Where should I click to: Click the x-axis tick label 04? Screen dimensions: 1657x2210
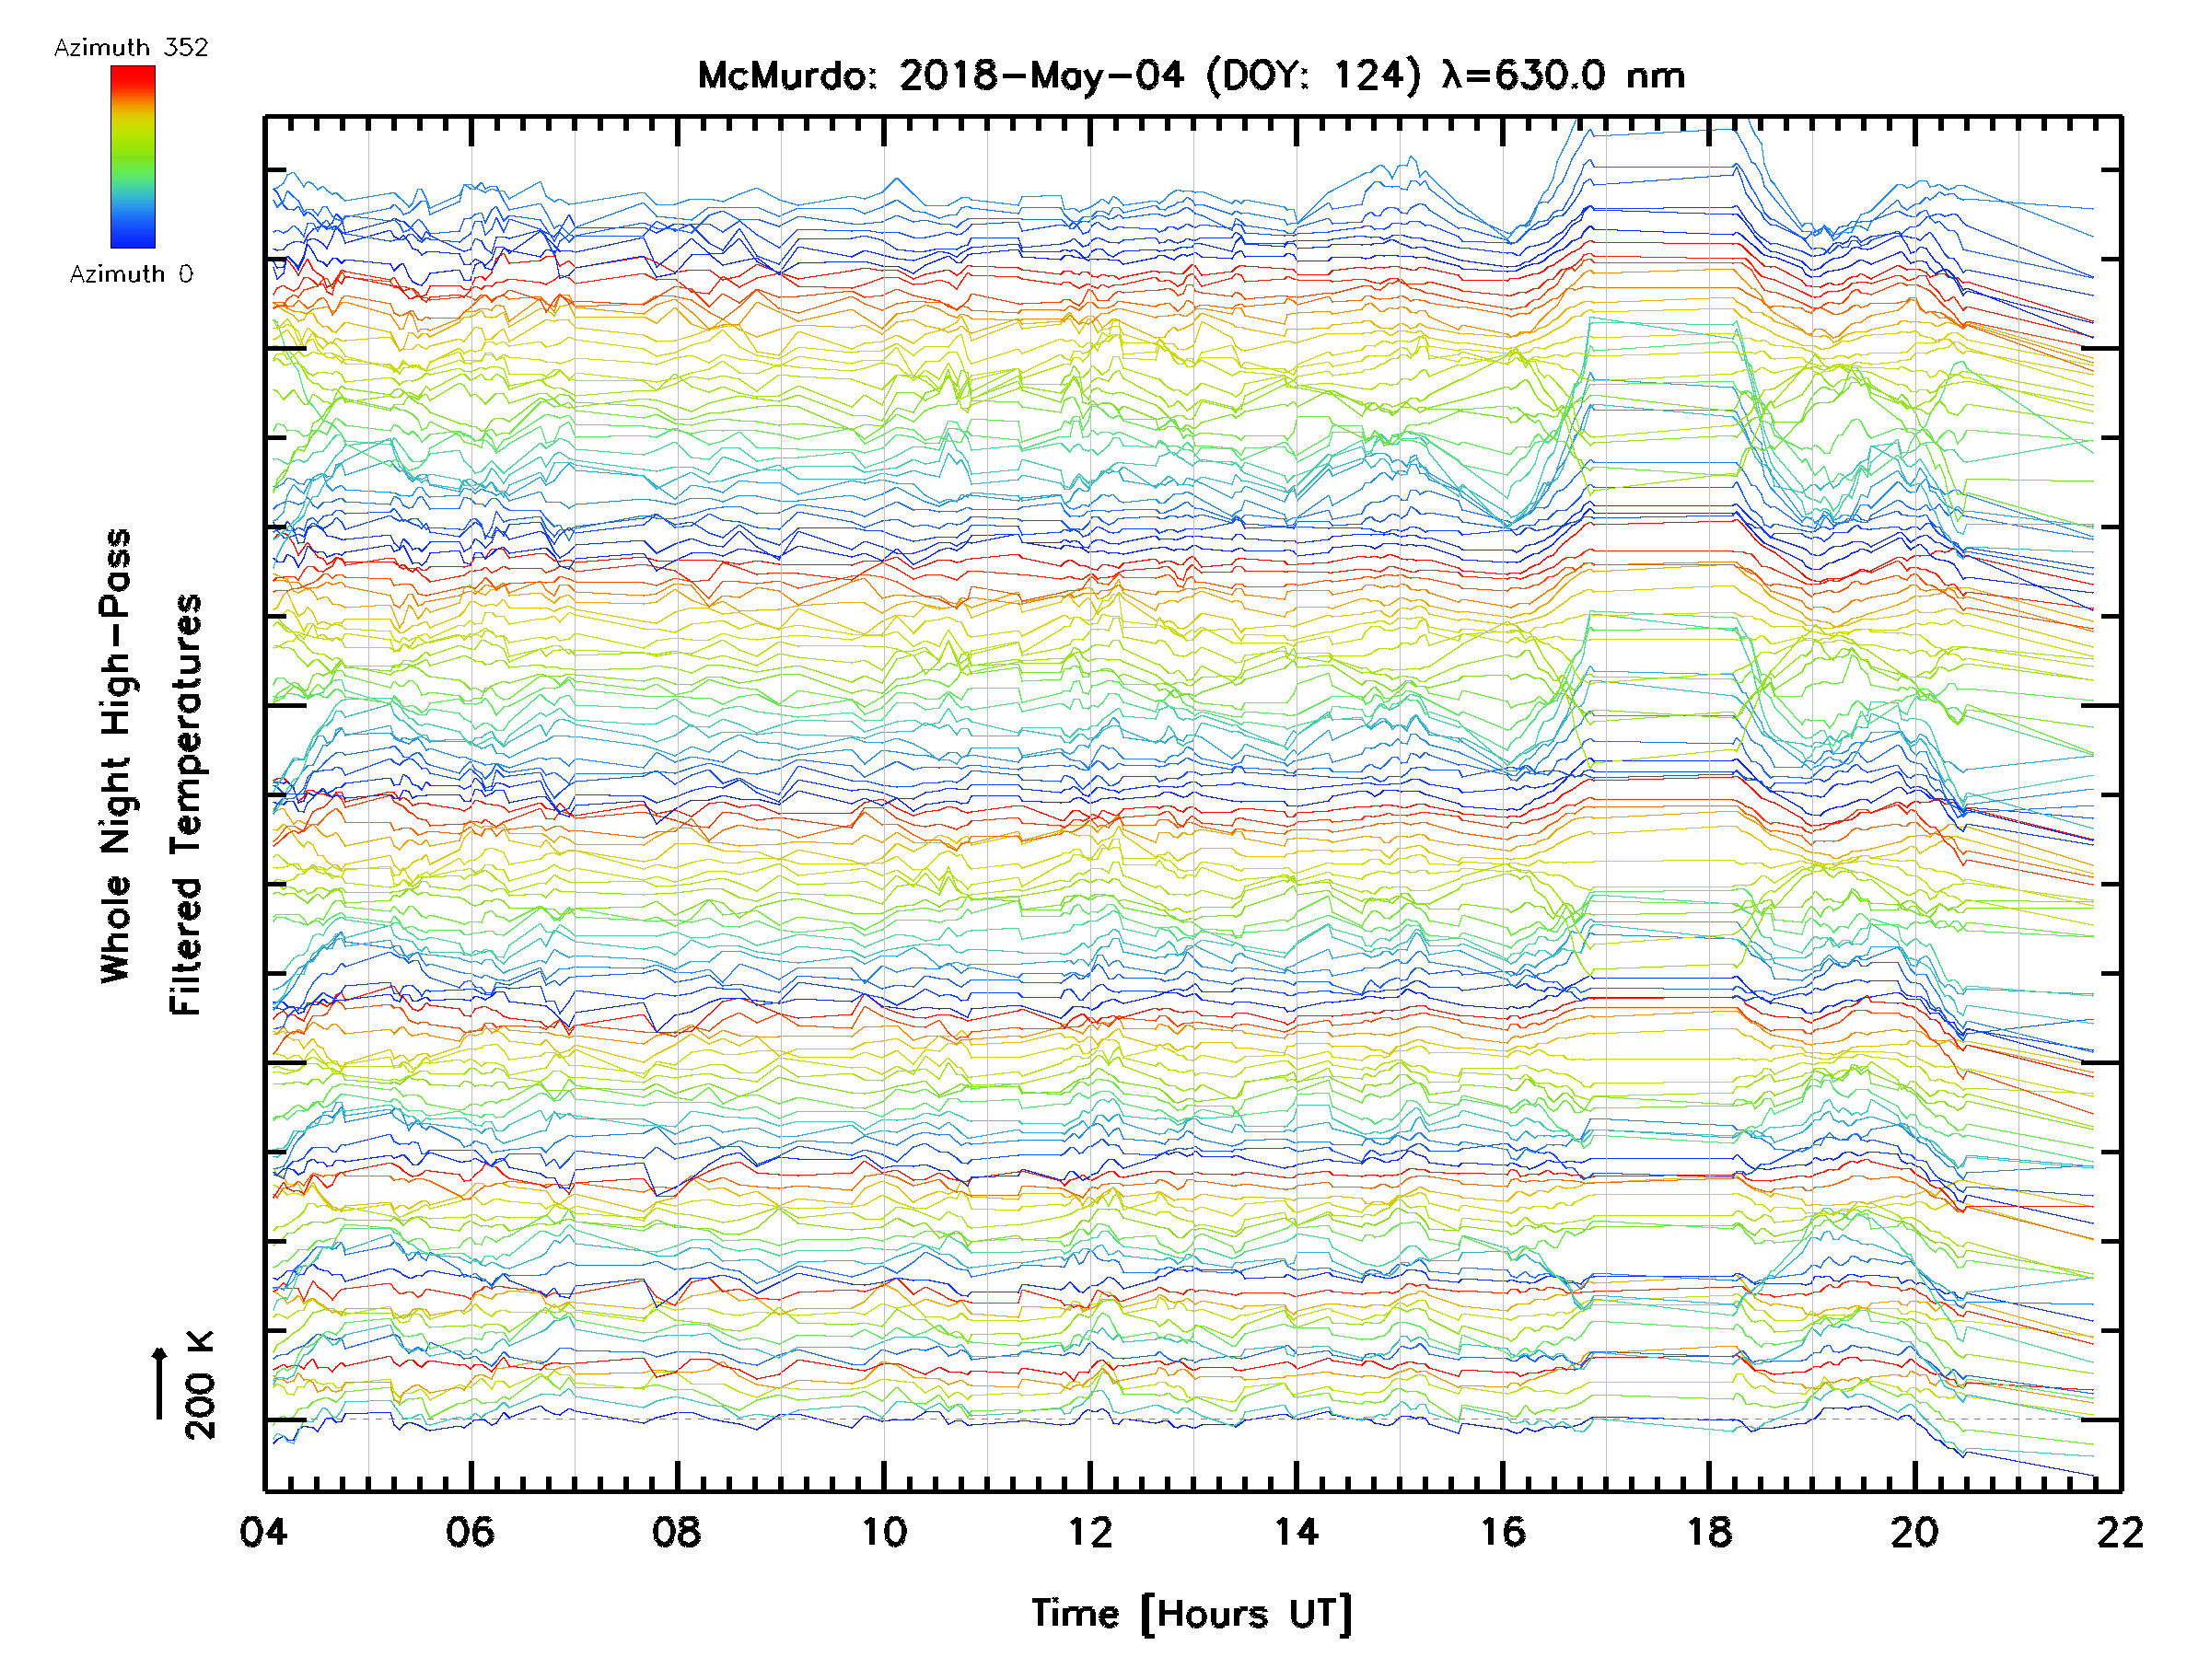click(x=263, y=1531)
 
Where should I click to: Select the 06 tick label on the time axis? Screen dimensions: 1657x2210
click(x=470, y=1531)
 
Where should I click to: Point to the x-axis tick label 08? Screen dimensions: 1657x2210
click(x=677, y=1531)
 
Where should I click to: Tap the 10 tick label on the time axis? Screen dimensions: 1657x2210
click(x=883, y=1531)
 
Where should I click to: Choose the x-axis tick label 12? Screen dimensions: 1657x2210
click(x=1089, y=1531)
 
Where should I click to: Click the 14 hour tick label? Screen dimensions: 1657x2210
click(x=1296, y=1531)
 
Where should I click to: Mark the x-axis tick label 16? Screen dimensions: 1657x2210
click(x=1503, y=1531)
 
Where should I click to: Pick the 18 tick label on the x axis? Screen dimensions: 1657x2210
click(x=1709, y=1531)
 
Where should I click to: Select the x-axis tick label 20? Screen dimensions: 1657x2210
click(x=1914, y=1531)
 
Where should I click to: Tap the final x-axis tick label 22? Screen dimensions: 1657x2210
click(x=2120, y=1531)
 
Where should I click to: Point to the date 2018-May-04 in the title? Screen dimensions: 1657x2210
click(x=1041, y=75)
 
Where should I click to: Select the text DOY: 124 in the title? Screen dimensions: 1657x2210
click(x=1314, y=75)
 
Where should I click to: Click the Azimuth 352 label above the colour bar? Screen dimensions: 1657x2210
click(x=131, y=47)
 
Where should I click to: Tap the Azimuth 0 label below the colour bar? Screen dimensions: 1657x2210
click(x=131, y=273)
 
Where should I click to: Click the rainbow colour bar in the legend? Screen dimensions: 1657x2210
click(x=133, y=156)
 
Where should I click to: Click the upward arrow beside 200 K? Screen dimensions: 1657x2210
click(x=160, y=1383)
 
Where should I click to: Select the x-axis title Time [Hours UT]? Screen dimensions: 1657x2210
click(x=1191, y=1614)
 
